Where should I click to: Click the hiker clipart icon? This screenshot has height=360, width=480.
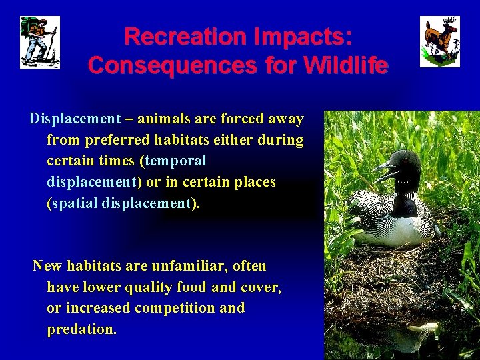[x=39, y=42]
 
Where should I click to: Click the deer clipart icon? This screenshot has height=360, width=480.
[x=439, y=42]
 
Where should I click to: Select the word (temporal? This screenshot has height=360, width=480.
[x=173, y=161]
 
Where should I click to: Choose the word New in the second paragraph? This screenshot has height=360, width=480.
[x=47, y=267]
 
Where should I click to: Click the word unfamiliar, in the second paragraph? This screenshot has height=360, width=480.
[x=189, y=267]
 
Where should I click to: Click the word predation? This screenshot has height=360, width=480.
[x=81, y=329]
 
